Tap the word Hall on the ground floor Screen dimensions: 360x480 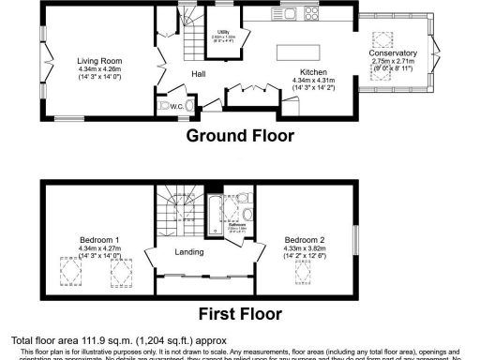199,73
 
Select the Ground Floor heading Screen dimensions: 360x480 240,136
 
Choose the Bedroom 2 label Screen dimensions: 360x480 305,240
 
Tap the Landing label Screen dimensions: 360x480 189,251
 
